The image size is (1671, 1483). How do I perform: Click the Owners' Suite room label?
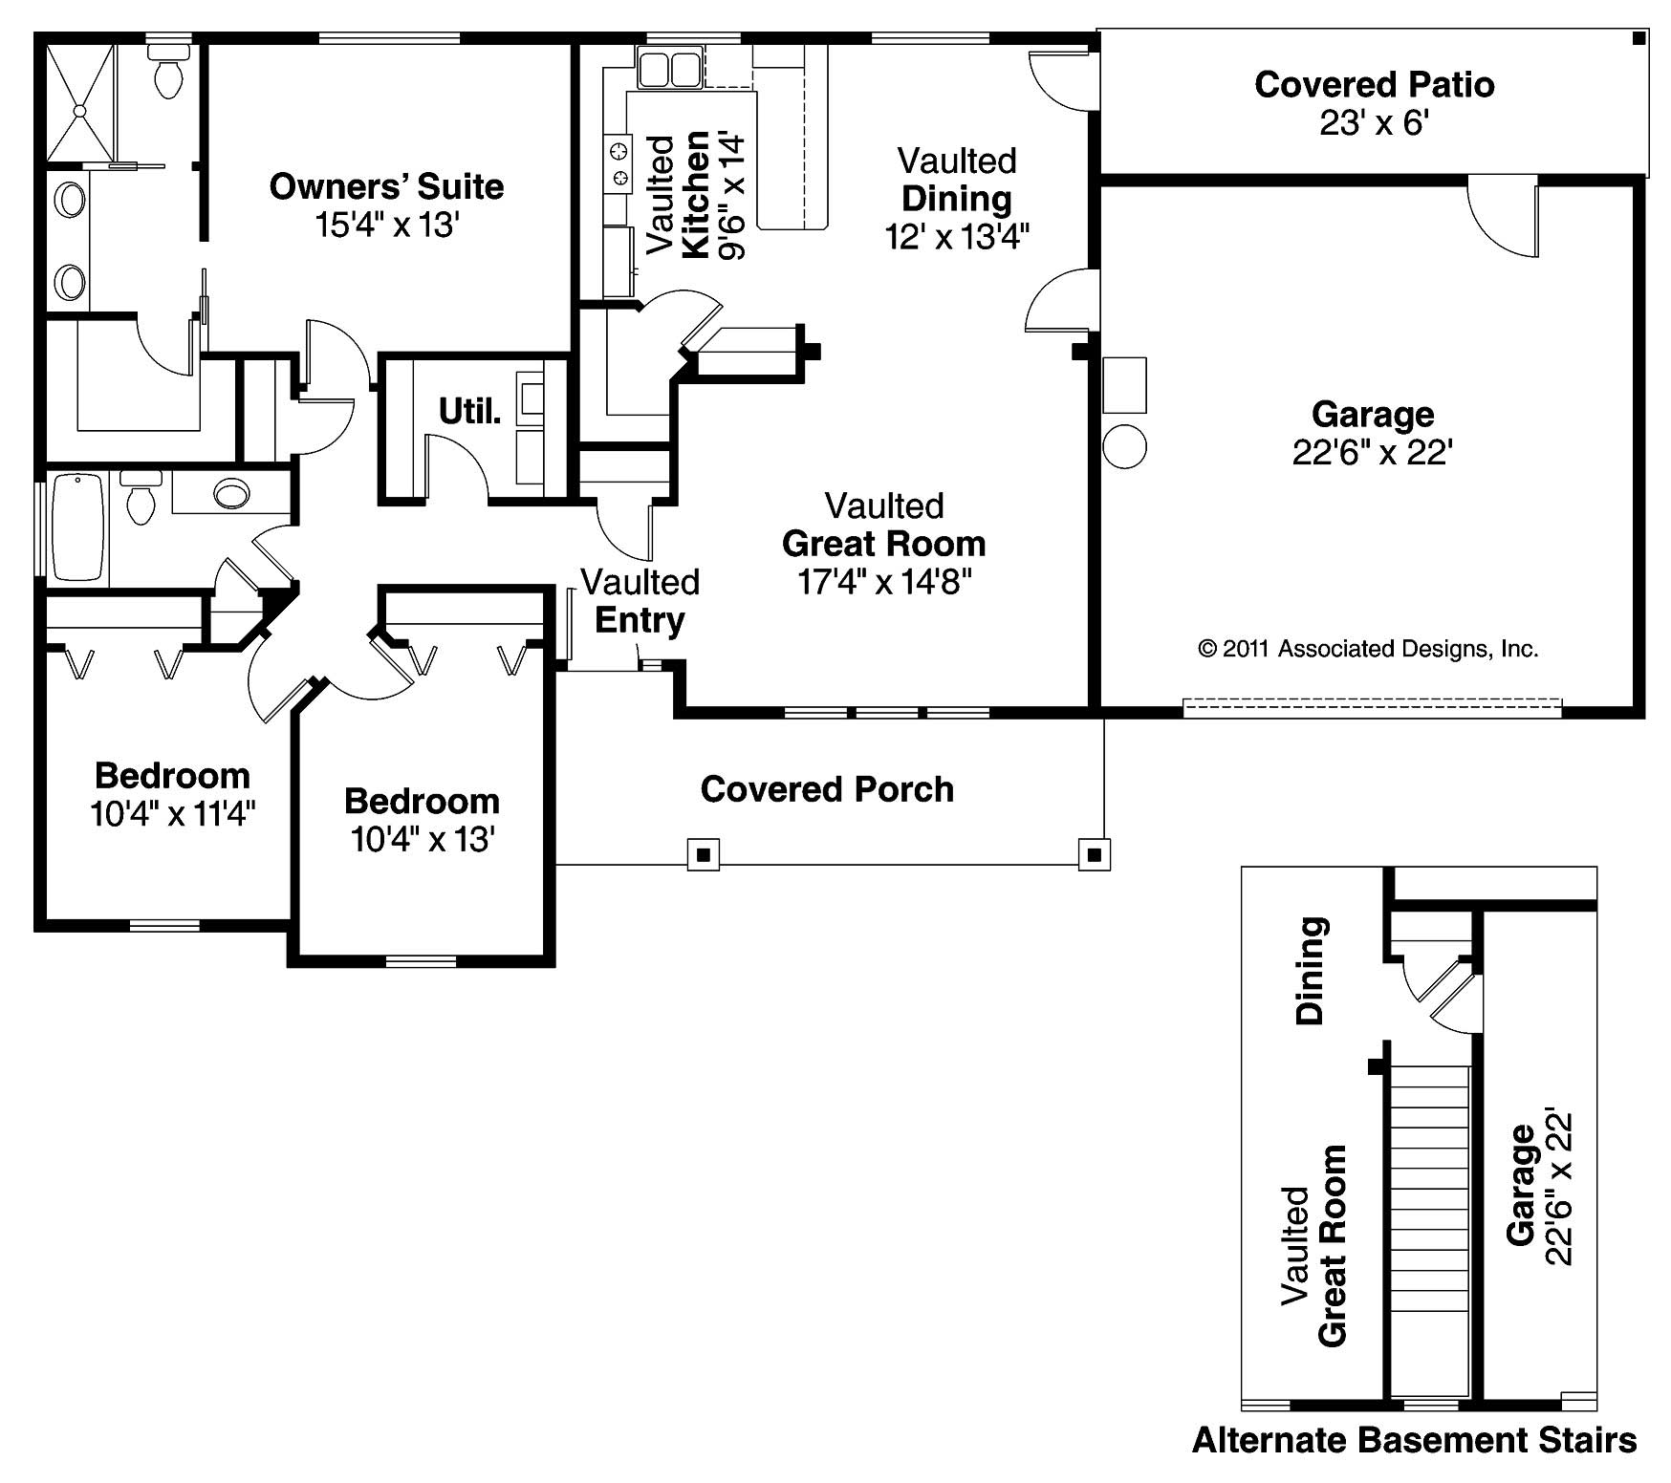(x=386, y=186)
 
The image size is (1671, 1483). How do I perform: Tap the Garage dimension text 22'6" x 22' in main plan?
(x=1373, y=453)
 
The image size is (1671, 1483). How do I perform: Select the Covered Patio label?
(x=1374, y=85)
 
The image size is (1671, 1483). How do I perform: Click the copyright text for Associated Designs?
(x=1368, y=650)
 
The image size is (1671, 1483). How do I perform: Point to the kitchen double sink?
(x=669, y=70)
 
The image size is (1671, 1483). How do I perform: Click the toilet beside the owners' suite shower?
(x=169, y=76)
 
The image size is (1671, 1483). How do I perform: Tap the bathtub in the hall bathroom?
(x=77, y=527)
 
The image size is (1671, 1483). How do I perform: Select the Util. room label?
(x=469, y=412)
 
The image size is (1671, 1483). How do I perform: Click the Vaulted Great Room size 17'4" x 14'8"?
(x=884, y=582)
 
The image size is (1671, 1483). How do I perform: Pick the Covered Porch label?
(x=827, y=789)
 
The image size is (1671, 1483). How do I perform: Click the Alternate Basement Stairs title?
(x=1414, y=1440)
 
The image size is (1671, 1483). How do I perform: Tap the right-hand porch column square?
(x=1095, y=854)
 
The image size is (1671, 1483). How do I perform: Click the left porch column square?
(x=704, y=854)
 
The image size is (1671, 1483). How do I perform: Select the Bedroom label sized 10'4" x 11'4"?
(x=172, y=775)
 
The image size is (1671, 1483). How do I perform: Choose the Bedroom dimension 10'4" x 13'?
(x=422, y=840)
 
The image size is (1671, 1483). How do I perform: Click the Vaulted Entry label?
(x=640, y=601)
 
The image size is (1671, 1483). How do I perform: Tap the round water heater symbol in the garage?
(x=1124, y=445)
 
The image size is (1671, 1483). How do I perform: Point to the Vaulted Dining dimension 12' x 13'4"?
(x=956, y=237)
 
